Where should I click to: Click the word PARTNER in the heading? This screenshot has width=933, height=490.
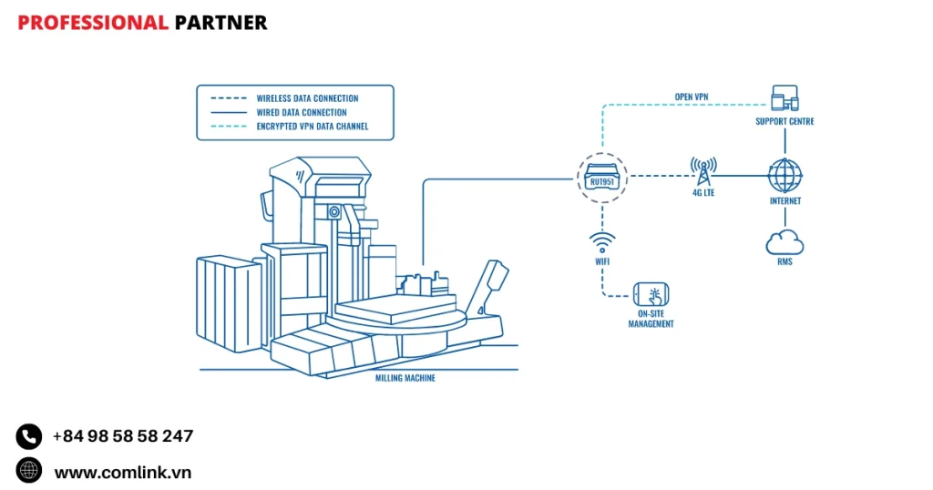(220, 23)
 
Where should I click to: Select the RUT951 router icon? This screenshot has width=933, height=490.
(601, 177)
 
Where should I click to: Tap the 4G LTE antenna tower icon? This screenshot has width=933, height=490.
(702, 171)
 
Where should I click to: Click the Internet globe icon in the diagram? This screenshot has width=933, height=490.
(784, 175)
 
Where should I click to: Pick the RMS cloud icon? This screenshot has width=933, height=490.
(784, 240)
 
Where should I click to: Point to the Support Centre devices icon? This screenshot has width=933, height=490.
(784, 98)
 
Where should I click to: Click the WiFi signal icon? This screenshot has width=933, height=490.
(602, 242)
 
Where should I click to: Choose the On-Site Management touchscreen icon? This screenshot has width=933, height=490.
(651, 294)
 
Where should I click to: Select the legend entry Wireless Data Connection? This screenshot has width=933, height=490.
(307, 98)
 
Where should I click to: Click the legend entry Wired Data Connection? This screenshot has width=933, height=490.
(301, 112)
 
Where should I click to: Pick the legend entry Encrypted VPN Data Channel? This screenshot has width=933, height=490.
(313, 127)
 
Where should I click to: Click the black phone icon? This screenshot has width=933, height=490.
(29, 436)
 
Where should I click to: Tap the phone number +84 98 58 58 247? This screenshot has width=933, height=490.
(123, 436)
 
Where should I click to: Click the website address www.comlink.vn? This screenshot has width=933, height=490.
(123, 472)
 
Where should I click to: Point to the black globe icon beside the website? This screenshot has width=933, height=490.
(29, 470)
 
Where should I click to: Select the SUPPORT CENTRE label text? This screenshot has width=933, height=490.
(784, 121)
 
